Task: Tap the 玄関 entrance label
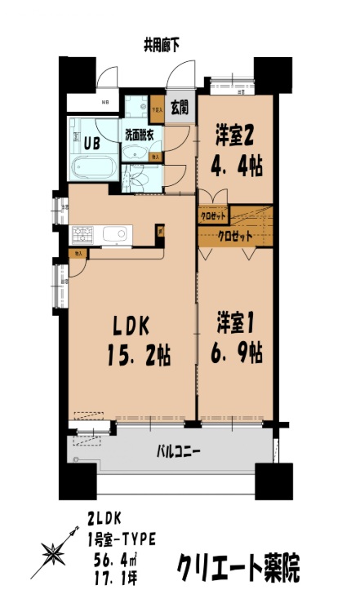179,106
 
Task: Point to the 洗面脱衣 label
144,134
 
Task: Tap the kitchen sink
115,236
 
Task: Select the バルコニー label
179,450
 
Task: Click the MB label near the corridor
105,102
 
